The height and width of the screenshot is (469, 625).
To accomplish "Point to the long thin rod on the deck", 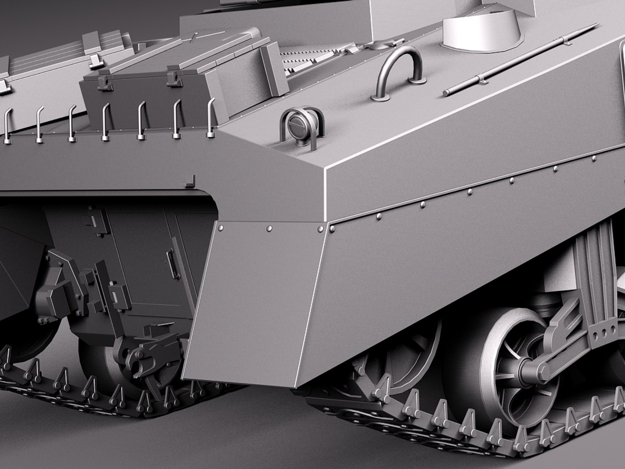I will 519,60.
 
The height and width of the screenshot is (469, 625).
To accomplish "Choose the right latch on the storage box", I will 172,77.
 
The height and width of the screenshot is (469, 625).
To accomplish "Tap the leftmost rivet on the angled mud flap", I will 221,227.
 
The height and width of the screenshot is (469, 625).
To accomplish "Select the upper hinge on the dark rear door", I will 92,217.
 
